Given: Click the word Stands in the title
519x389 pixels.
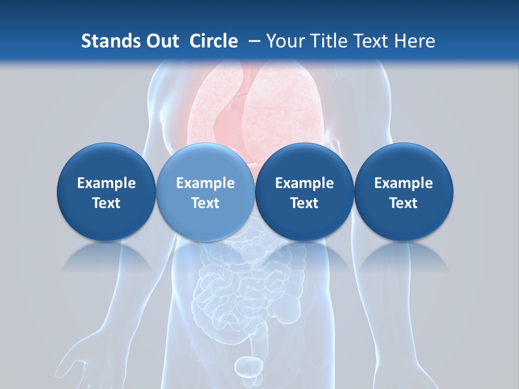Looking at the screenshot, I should tap(107, 41).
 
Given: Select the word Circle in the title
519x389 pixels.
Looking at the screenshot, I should tap(214, 41).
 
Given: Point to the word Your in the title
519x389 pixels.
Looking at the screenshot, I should tap(284, 41).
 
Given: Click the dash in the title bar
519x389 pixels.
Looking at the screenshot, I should tap(253, 41).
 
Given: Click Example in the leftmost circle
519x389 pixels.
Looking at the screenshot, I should tap(106, 183).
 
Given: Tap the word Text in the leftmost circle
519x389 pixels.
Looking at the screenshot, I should tap(106, 203).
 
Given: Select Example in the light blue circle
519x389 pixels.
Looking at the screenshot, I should tap(205, 183).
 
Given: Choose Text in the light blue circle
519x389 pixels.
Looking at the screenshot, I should tap(205, 203).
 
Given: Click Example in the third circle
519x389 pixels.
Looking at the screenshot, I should tap(304, 183).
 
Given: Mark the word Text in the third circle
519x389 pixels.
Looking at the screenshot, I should tap(304, 203).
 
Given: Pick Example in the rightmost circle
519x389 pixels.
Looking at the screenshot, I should tap(403, 183).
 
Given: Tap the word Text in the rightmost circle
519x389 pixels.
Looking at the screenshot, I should tap(403, 203).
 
